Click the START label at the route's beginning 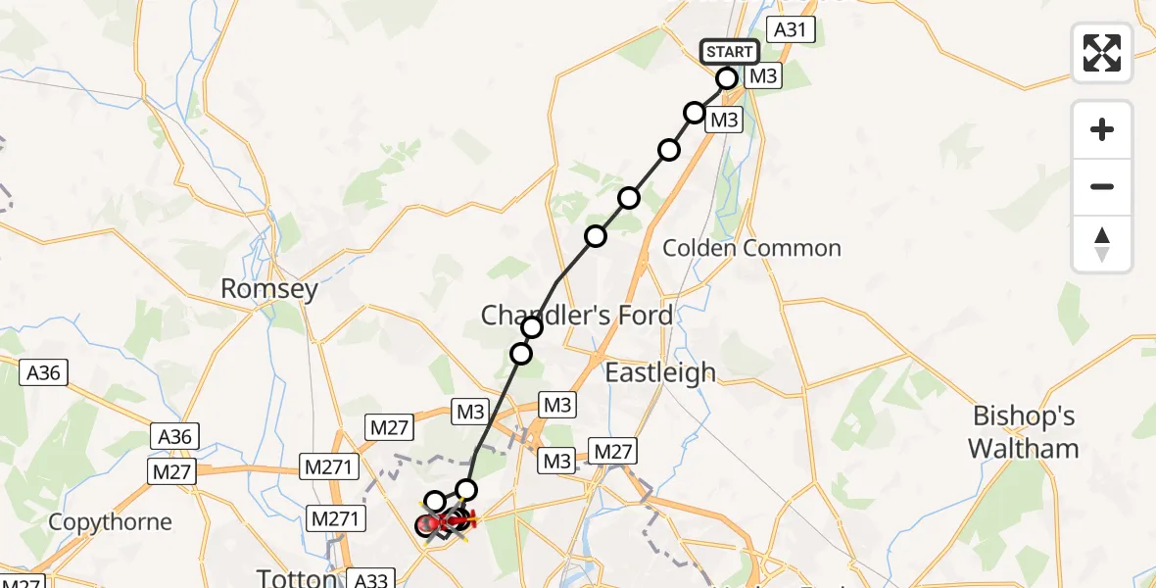[x=729, y=52]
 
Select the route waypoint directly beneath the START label [x=727, y=78]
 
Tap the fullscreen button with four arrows [x=1102, y=53]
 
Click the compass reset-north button [x=1102, y=244]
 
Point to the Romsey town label [x=269, y=289]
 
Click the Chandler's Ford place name [x=577, y=315]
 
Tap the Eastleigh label [x=660, y=372]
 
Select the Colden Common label [x=751, y=248]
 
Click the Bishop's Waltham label [x=1024, y=432]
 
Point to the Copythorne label [x=110, y=522]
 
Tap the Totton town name [x=297, y=577]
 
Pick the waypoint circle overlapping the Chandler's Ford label [x=532, y=327]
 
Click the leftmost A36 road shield [x=44, y=372]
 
